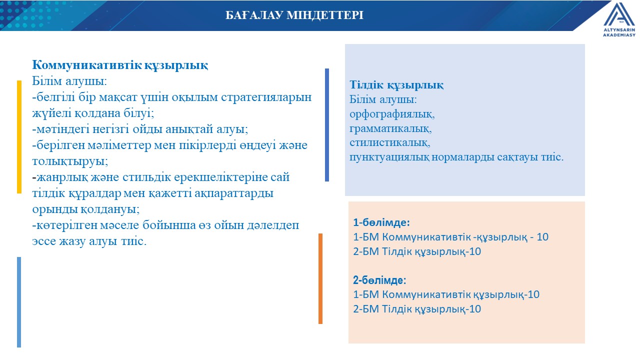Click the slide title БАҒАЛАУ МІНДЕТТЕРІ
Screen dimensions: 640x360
click(294, 15)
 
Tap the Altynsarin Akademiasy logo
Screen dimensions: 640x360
click(619, 19)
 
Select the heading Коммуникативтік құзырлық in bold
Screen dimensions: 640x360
click(120, 65)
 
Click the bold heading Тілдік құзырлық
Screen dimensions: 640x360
click(396, 85)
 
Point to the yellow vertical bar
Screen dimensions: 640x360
click(19, 137)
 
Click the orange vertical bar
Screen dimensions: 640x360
click(320, 278)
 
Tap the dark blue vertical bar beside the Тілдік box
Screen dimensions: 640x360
click(327, 125)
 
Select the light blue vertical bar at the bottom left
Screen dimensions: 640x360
click(19, 302)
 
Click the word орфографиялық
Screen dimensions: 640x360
click(392, 114)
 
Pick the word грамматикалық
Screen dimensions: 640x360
click(390, 129)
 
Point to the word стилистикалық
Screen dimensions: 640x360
click(389, 142)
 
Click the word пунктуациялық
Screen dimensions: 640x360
click(389, 157)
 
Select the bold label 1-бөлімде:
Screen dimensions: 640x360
click(381, 222)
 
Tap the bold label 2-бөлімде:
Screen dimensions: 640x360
click(379, 280)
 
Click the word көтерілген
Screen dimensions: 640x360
click(67, 225)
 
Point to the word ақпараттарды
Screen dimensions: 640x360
click(233, 193)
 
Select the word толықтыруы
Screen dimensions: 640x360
click(70, 161)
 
